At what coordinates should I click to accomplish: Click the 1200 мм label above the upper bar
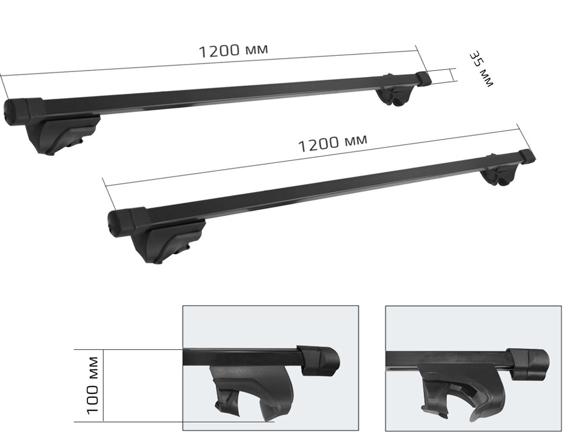[233, 50]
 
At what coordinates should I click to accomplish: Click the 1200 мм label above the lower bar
[332, 143]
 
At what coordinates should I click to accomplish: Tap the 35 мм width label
[480, 69]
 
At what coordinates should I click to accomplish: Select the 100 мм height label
[93, 385]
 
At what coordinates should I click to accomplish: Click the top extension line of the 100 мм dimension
[128, 350]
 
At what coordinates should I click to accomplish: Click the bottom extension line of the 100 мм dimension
[167, 422]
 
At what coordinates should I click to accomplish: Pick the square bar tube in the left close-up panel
[240, 358]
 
